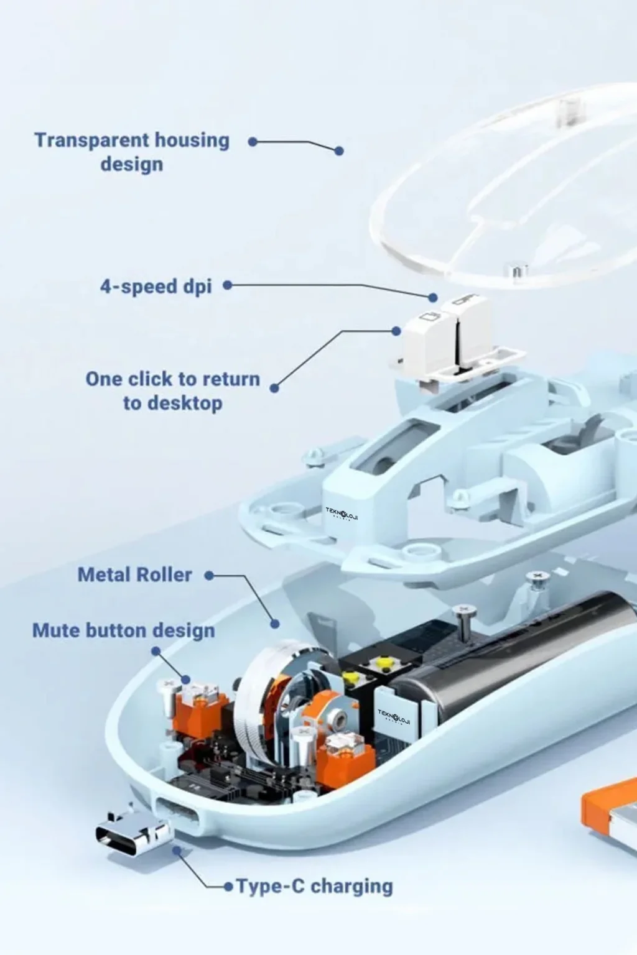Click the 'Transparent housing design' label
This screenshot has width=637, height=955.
coord(132,152)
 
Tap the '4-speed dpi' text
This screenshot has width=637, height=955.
coord(156,286)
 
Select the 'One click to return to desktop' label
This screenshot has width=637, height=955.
coord(173,390)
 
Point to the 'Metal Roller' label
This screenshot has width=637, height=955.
coord(135,574)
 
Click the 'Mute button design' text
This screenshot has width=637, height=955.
coord(124,630)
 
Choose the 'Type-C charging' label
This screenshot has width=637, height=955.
coord(314,887)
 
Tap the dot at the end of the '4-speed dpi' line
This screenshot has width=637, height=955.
coord(433,297)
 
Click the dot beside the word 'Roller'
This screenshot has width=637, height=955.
coord(209,576)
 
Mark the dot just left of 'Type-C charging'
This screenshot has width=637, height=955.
coord(229,887)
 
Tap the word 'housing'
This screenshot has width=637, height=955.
coord(192,141)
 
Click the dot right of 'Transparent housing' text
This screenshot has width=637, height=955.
coord(253,142)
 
